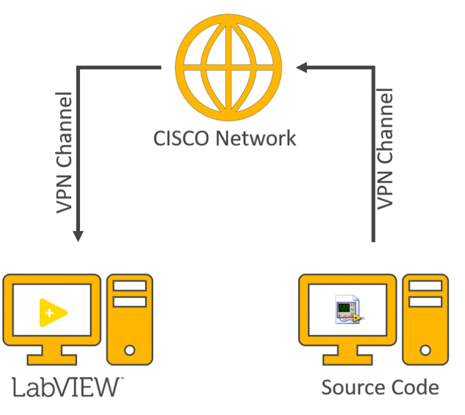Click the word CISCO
coord(182,138)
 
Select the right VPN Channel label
coord(386,148)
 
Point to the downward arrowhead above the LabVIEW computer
coord(77,236)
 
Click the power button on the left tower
coord(129,350)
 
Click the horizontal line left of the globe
coord(119,67)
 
